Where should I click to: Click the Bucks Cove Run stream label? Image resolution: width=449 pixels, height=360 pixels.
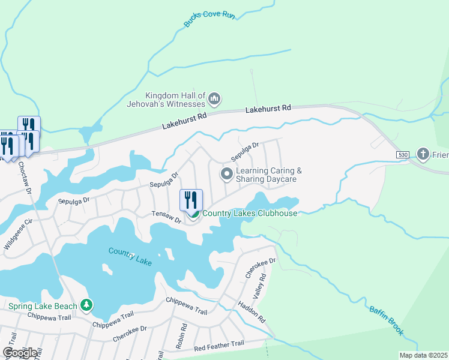pyautogui.click(x=209, y=19)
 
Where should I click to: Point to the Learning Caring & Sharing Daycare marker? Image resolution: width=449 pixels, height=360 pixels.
pyautogui.click(x=227, y=175)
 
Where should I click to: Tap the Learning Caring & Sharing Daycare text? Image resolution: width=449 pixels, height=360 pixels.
pyautogui.click(x=268, y=175)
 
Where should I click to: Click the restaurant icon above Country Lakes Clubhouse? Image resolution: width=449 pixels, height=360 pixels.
pyautogui.click(x=191, y=200)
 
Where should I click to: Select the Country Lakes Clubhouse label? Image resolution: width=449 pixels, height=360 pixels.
pyautogui.click(x=250, y=214)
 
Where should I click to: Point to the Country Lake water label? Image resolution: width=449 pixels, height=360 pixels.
pyautogui.click(x=130, y=256)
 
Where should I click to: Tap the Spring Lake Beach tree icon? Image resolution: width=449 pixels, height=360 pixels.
pyautogui.click(x=87, y=306)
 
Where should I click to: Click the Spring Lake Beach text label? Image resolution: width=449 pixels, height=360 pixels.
pyautogui.click(x=43, y=306)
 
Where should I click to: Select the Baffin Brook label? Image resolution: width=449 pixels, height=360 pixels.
pyautogui.click(x=386, y=321)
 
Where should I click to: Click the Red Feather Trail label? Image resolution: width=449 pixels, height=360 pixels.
pyautogui.click(x=218, y=344)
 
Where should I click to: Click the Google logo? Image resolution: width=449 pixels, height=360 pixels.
pyautogui.click(x=20, y=352)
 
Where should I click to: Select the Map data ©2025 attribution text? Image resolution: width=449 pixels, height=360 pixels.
pyautogui.click(x=423, y=355)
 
